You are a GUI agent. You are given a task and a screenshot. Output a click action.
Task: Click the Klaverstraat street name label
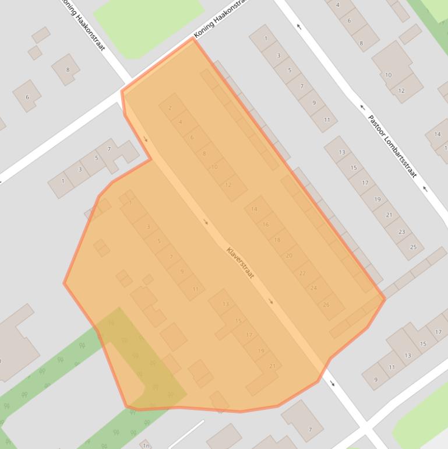point(241,263)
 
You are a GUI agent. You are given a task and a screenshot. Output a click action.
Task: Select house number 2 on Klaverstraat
point(170,108)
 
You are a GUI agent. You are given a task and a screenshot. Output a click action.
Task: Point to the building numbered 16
point(266,224)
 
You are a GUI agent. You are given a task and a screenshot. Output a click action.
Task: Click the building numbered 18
point(277,240)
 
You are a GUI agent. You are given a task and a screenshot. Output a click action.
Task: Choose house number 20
point(289,255)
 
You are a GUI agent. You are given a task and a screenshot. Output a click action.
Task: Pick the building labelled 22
point(302,273)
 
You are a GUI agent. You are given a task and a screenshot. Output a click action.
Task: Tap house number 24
point(313,288)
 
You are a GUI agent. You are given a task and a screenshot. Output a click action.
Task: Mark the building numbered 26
point(326,304)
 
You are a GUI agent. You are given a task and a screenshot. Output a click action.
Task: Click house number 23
point(401,231)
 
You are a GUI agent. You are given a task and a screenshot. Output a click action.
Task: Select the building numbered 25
point(413,247)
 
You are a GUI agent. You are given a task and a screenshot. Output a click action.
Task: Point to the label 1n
point(146,446)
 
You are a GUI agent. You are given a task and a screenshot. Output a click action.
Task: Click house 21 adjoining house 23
point(389,215)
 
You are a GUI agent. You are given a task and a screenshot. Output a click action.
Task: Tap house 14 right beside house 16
point(254,209)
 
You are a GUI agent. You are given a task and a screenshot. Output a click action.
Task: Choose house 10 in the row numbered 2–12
point(214,167)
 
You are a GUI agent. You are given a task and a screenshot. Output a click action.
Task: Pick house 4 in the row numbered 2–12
point(181,122)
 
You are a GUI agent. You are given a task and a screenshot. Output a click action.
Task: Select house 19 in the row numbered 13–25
point(377,199)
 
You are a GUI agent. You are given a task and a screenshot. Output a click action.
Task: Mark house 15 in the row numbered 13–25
point(354,168)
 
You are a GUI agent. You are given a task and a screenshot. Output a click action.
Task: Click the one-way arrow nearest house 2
point(145,139)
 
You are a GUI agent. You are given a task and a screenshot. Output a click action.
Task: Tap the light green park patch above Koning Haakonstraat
point(149,23)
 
